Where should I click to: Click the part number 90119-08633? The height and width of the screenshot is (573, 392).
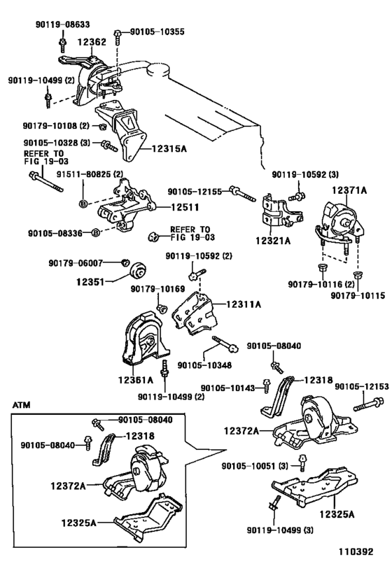click(62, 24)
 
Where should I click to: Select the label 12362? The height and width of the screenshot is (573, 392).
click(92, 42)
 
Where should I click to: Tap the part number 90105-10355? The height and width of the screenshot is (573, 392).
click(157, 31)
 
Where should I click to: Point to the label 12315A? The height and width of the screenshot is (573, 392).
click(169, 149)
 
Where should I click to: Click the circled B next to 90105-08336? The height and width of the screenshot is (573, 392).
click(95, 232)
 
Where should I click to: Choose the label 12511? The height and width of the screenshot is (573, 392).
click(185, 207)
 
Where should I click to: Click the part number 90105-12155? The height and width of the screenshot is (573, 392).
click(195, 191)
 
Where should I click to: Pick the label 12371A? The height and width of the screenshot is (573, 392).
click(349, 190)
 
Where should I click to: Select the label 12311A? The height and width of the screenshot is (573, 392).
click(244, 304)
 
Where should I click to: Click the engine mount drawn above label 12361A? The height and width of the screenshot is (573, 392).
click(145, 339)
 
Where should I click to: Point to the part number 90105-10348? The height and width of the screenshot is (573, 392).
click(204, 365)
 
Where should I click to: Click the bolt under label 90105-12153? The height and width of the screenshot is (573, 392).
click(368, 404)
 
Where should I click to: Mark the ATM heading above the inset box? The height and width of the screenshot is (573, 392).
click(21, 405)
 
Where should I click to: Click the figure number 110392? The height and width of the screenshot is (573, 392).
click(355, 551)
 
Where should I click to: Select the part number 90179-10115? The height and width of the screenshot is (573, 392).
click(358, 295)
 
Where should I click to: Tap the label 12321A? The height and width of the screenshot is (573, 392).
click(273, 241)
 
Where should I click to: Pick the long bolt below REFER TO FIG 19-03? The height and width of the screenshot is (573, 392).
click(46, 181)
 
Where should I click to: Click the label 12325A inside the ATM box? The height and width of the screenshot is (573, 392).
click(78, 523)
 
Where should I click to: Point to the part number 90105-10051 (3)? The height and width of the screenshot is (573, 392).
click(255, 466)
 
